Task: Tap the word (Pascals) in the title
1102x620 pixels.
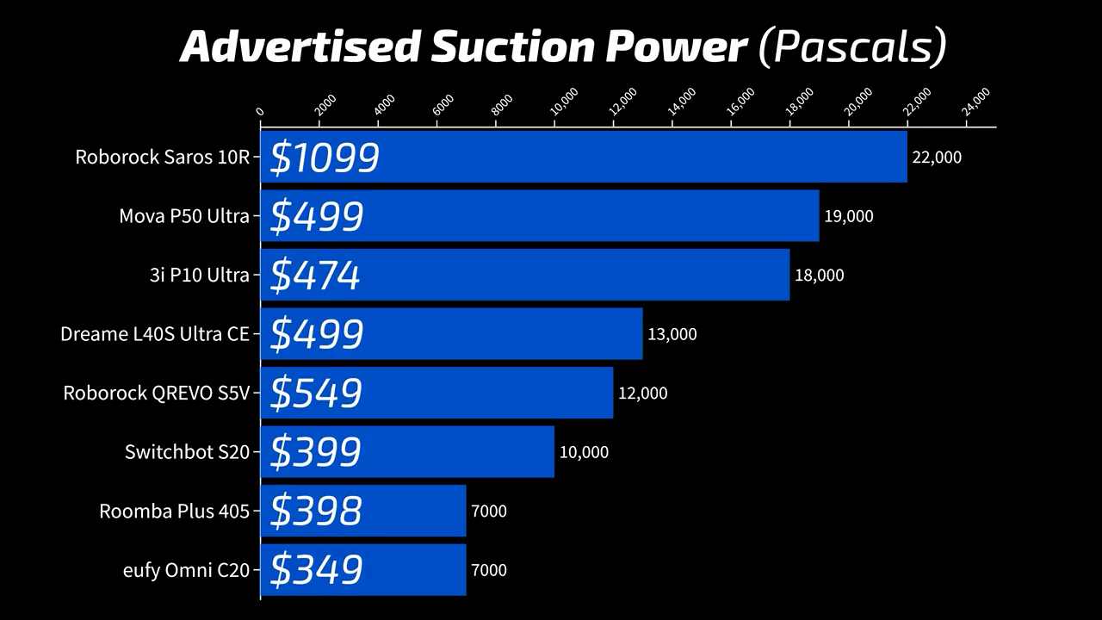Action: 851,48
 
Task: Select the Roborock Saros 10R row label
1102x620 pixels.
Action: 162,157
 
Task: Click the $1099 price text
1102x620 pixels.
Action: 325,158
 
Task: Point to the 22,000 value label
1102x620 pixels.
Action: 937,158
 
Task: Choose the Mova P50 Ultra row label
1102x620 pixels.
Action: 184,216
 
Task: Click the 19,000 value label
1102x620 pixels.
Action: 848,216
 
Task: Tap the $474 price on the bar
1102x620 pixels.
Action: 315,276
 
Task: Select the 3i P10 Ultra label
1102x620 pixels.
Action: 199,276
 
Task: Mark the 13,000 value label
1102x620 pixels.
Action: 672,334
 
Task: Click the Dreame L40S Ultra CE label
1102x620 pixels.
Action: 155,334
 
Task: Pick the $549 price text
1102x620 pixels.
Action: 316,394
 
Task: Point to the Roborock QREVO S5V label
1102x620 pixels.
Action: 156,394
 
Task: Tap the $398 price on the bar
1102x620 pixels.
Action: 316,511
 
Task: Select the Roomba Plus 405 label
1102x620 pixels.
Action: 174,512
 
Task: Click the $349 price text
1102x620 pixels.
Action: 316,570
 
